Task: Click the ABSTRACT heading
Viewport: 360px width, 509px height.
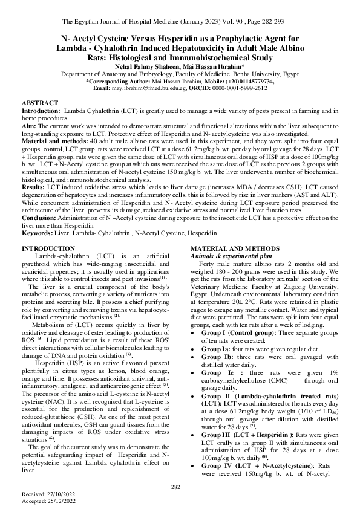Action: click(40, 103)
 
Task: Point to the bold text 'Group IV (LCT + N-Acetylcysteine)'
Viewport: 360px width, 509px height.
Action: click(248, 449)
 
